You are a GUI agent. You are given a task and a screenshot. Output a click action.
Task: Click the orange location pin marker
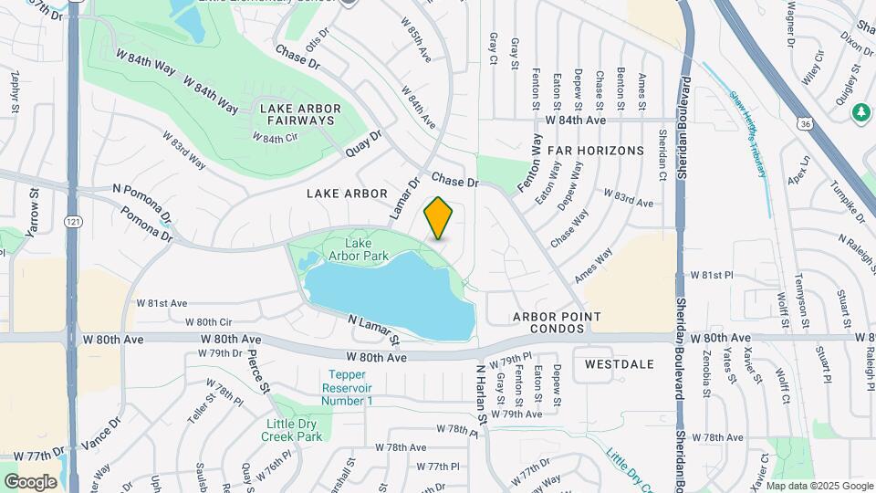click(439, 218)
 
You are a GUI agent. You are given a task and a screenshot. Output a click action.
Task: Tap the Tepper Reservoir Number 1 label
click(348, 388)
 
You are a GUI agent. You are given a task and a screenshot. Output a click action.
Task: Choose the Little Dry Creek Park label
click(294, 430)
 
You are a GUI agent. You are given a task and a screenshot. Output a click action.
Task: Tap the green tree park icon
click(860, 112)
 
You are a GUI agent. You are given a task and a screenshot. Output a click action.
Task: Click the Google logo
click(30, 481)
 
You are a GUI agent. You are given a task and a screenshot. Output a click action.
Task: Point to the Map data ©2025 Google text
click(819, 486)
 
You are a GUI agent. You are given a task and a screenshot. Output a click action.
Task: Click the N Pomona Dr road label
click(143, 202)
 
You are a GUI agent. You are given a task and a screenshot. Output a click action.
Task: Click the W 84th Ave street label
click(576, 121)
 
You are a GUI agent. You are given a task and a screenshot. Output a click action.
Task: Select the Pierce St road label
click(259, 370)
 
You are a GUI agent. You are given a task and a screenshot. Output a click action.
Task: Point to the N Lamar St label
click(375, 330)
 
